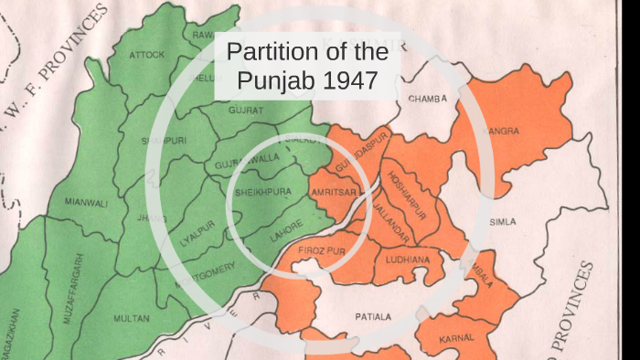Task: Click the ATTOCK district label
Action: [x=147, y=55]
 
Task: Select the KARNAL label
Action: [x=457, y=338]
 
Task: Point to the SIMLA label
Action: [x=503, y=222]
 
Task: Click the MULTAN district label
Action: [x=131, y=318]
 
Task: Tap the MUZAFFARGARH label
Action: [x=79, y=282]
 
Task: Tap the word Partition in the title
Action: [x=270, y=53]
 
